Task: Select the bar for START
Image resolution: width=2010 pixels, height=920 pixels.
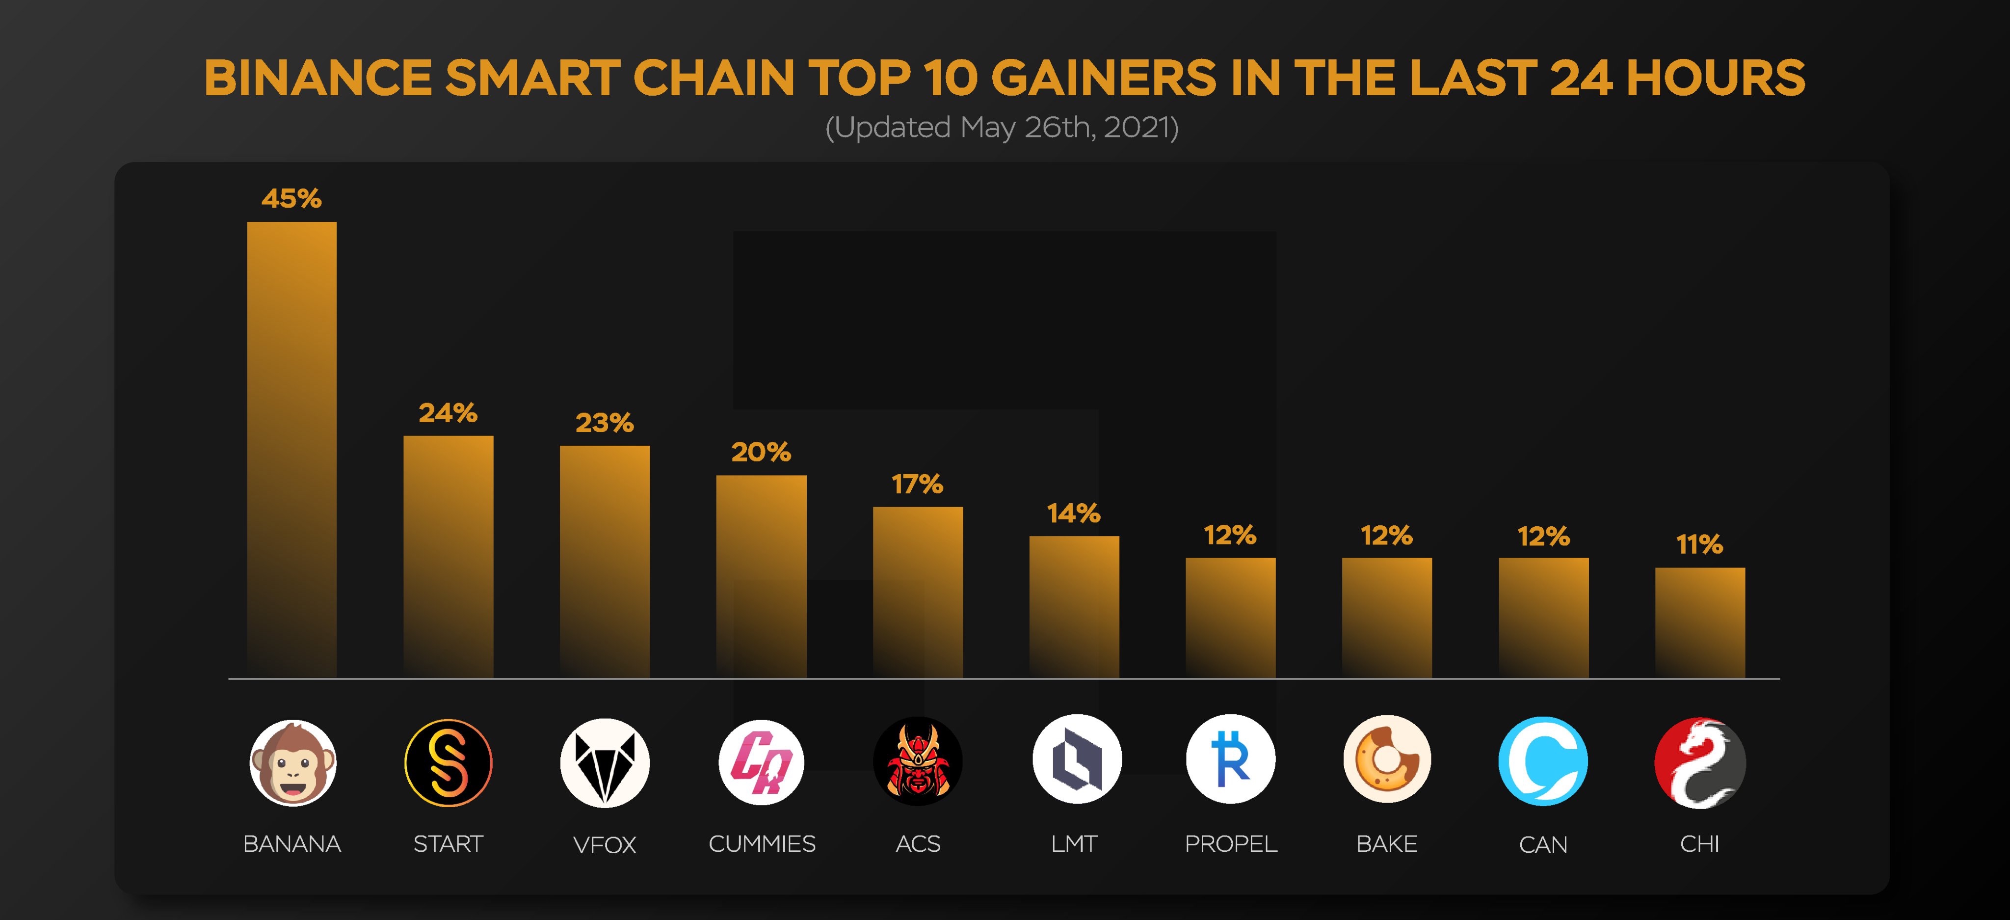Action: click(448, 556)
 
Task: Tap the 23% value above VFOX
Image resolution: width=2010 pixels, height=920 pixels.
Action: click(604, 423)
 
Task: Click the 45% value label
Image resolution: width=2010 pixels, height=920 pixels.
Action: click(291, 198)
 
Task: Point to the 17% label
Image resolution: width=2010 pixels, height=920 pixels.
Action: click(918, 485)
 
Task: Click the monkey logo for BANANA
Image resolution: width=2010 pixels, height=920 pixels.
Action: click(292, 762)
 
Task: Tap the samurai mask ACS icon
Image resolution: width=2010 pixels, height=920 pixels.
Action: click(918, 761)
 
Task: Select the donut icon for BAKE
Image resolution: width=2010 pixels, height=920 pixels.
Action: click(1387, 759)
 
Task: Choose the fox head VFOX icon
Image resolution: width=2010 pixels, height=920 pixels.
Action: click(605, 762)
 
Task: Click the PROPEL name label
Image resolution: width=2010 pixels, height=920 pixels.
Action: click(1231, 843)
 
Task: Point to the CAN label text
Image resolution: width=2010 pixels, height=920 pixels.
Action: click(1543, 844)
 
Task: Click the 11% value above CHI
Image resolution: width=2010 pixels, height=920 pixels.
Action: click(1699, 544)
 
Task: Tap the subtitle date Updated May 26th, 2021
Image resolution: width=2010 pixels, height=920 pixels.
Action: click(1002, 127)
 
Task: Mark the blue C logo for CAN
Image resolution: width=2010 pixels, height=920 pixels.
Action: click(1543, 761)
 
